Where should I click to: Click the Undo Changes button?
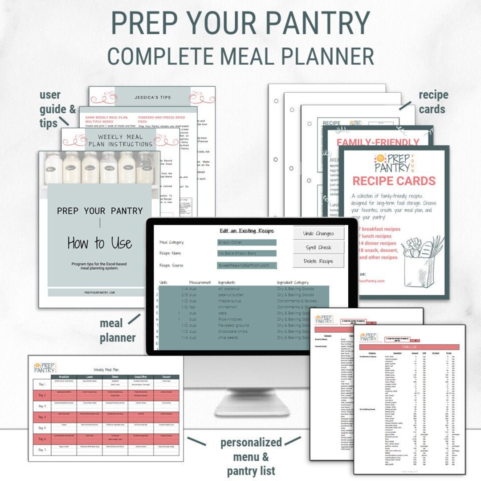[x=318, y=233]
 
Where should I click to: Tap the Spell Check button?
[x=318, y=247]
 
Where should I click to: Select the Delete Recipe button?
[x=318, y=261]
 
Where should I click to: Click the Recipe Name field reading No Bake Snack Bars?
[x=246, y=253]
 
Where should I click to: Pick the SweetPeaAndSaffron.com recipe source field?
[x=246, y=265]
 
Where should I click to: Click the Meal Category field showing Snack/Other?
[x=246, y=242]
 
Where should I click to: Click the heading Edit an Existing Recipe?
[x=246, y=231]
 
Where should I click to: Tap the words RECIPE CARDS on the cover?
[x=394, y=181]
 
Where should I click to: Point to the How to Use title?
[x=99, y=243]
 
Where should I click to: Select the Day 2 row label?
[x=42, y=395]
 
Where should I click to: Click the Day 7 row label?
[x=42, y=450]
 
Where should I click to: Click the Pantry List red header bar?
[x=409, y=347]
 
